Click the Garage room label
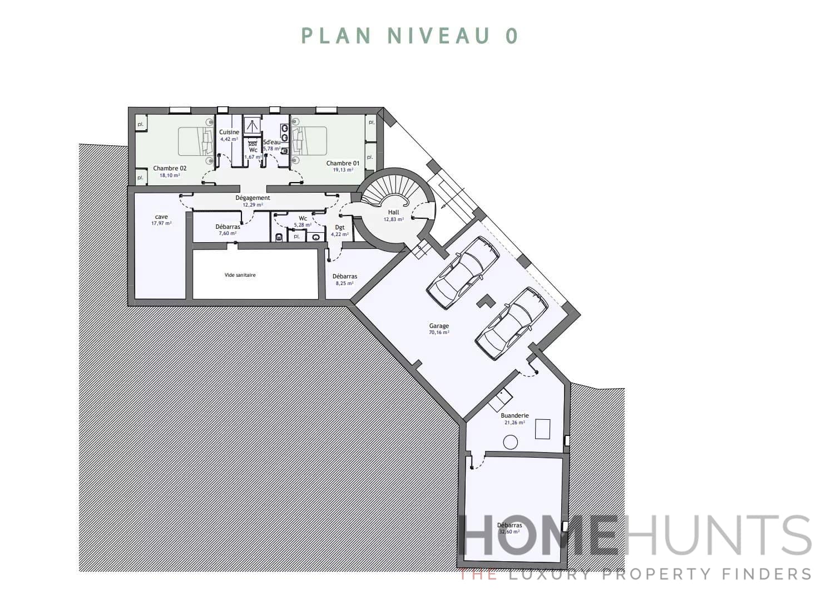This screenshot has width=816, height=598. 439,326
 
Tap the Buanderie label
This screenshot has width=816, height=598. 515,415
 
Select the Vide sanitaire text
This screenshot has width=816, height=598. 240,275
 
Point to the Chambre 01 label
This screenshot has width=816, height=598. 343,163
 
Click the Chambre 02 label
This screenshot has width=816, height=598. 170,168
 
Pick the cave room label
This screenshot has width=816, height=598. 161,217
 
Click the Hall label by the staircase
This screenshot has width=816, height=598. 394,212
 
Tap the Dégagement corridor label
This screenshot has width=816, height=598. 253,198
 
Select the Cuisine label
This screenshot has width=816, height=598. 229,132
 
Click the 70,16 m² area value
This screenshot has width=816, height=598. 439,332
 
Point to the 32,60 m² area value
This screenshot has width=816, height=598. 510,532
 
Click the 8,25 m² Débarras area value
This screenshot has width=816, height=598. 344,283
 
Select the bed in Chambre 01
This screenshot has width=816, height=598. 309,141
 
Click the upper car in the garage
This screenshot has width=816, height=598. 463,272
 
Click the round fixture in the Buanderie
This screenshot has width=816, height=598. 510,443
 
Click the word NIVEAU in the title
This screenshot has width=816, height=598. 439,36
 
